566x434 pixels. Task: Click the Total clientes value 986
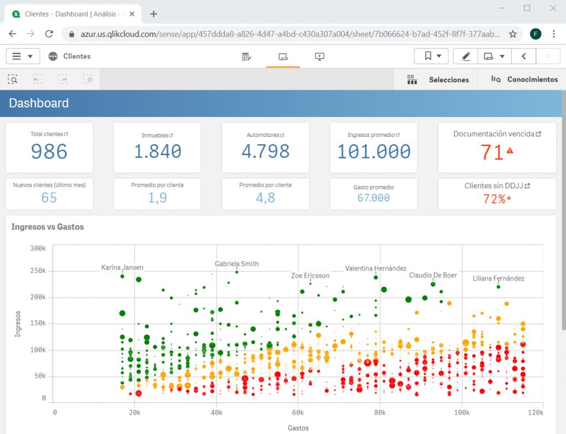[x=49, y=152]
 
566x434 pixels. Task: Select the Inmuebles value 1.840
[x=158, y=152]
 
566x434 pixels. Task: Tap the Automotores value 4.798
[x=265, y=152]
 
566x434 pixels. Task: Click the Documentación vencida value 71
[x=491, y=152]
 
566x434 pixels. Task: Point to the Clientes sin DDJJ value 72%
[x=494, y=199]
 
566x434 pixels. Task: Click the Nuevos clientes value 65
[x=49, y=198]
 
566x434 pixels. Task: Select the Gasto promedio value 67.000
[x=374, y=198]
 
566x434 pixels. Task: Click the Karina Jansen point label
[x=122, y=268]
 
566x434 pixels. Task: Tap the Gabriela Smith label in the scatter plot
[x=237, y=264]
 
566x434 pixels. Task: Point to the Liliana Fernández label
[x=498, y=278]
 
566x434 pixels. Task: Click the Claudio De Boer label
[x=433, y=275]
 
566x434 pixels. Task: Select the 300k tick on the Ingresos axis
[x=38, y=248]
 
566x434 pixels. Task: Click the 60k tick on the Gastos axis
[x=298, y=412]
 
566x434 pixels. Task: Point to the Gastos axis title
[x=298, y=428]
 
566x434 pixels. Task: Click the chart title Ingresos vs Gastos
[x=48, y=227]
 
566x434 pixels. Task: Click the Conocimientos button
[x=525, y=80]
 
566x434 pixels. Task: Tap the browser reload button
[x=49, y=34]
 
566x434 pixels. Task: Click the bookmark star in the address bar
[x=512, y=34]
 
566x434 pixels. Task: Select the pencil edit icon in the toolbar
[x=466, y=56]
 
